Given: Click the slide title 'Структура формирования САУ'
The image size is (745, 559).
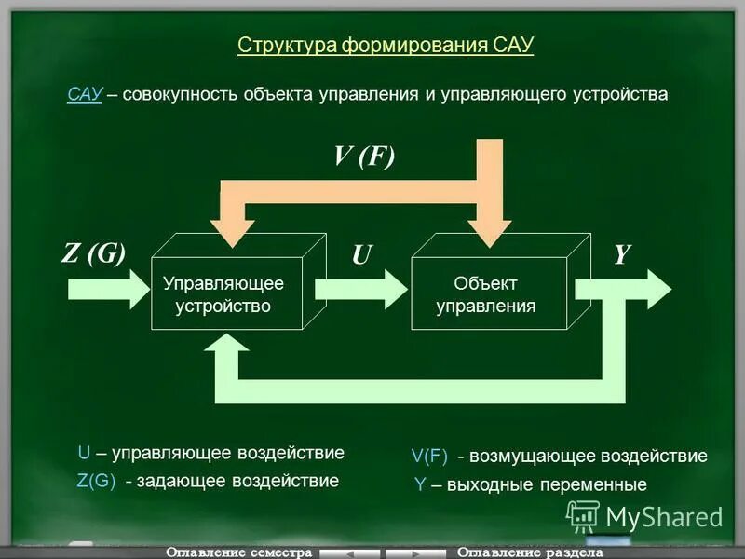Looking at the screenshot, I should pos(386,46).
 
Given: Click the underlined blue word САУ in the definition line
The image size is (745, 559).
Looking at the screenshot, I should pos(84,94).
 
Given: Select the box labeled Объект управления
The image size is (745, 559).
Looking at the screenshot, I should pos(486,294).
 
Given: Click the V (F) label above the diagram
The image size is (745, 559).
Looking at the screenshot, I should pos(364,156).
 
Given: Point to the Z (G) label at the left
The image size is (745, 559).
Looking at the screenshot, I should pos(93,253).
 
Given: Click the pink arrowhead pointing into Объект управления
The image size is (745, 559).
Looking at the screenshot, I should pos(489,233).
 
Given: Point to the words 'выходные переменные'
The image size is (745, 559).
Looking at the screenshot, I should pos(546,484).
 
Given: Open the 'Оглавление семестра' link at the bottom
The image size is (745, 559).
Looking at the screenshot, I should pos(237,552).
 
